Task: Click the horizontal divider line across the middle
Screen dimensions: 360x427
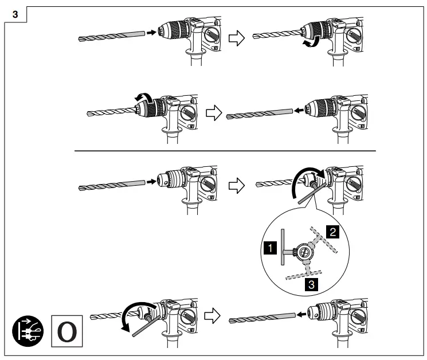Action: click(x=225, y=151)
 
